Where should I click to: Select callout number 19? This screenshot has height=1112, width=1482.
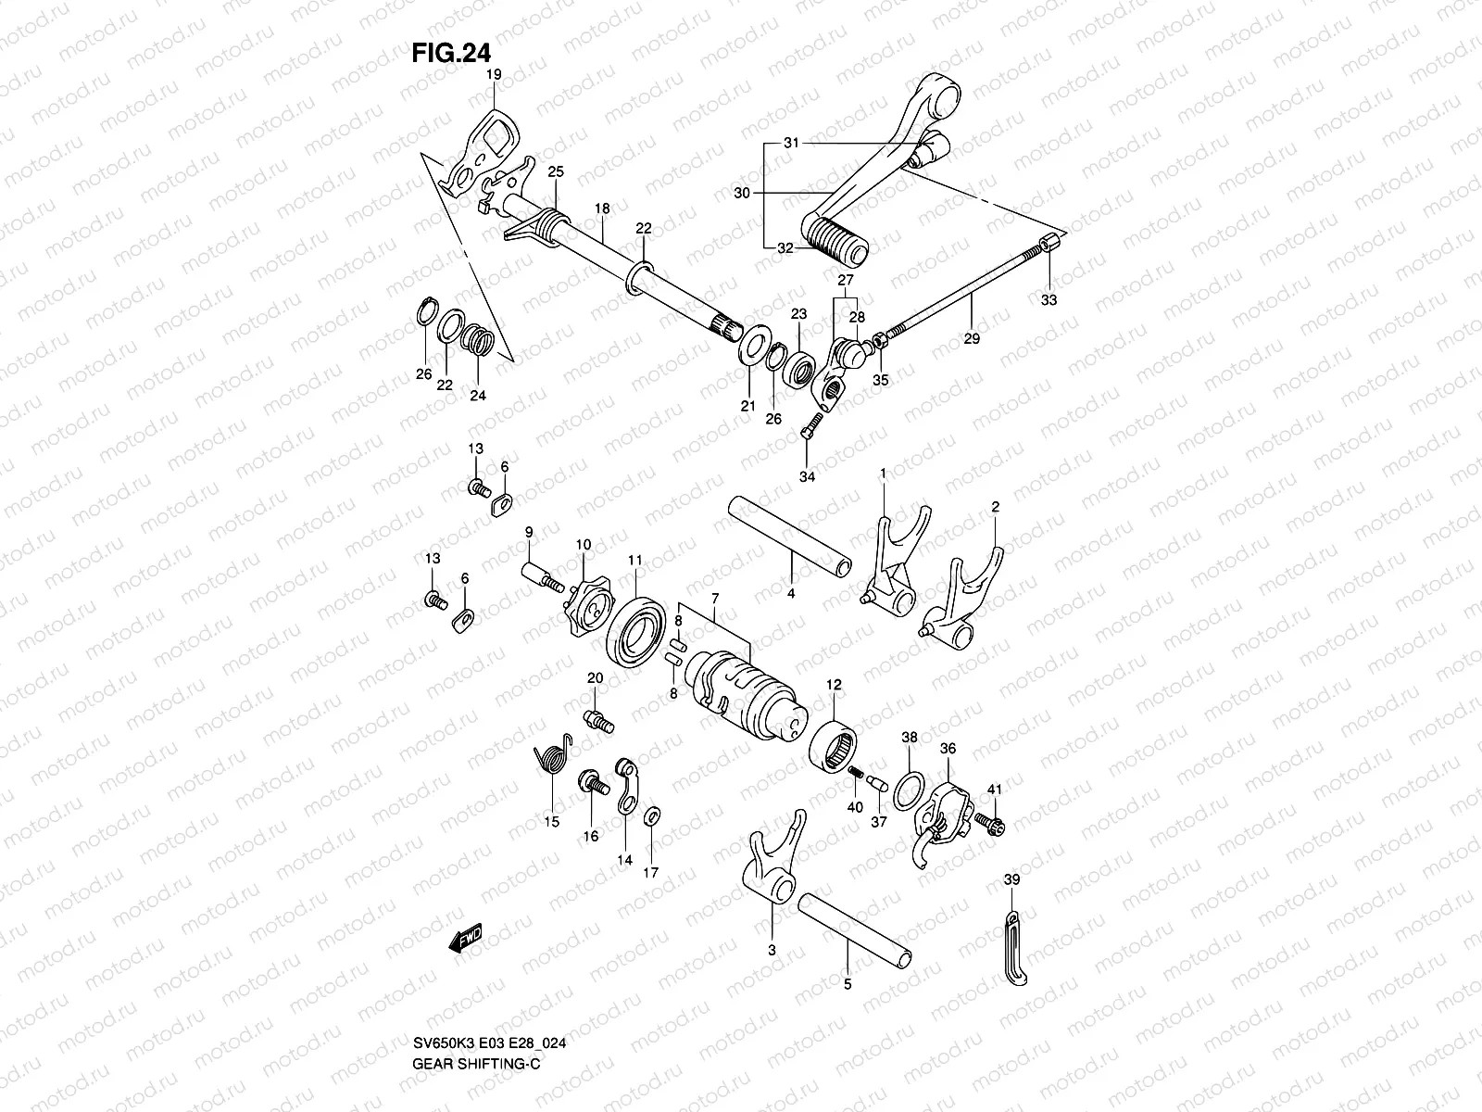coord(493,73)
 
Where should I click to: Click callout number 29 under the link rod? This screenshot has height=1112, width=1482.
coord(971,339)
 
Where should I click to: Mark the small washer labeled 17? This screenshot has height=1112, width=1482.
coord(651,815)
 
